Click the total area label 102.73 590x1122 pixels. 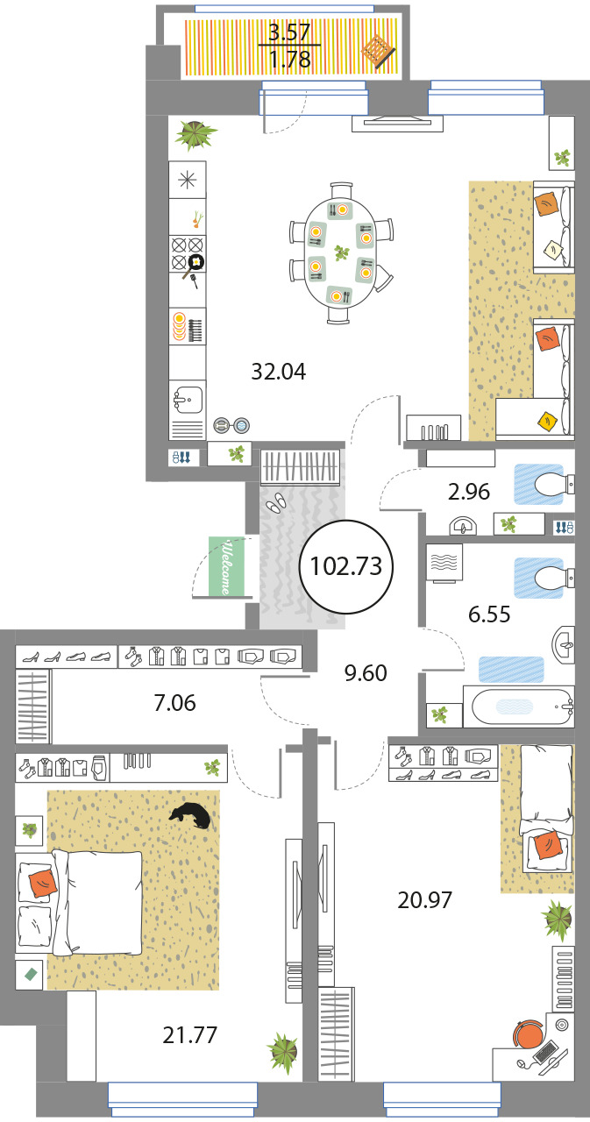click(346, 566)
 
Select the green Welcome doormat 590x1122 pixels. click(226, 566)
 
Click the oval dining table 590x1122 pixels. click(341, 253)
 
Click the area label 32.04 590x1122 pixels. click(279, 373)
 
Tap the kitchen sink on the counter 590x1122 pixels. click(188, 400)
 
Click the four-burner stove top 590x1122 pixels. click(188, 253)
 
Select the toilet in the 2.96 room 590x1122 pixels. click(553, 485)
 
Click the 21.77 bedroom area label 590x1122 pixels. click(190, 1036)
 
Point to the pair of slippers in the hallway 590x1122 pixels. click(275, 501)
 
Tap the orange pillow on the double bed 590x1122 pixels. click(43, 884)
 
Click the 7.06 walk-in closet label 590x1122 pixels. click(174, 703)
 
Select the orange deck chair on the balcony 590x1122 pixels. click(378, 51)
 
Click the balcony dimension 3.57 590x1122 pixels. click(289, 33)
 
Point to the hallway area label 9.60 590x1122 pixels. click(366, 673)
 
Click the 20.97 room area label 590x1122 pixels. click(424, 900)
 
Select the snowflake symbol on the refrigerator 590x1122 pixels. click(188, 180)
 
